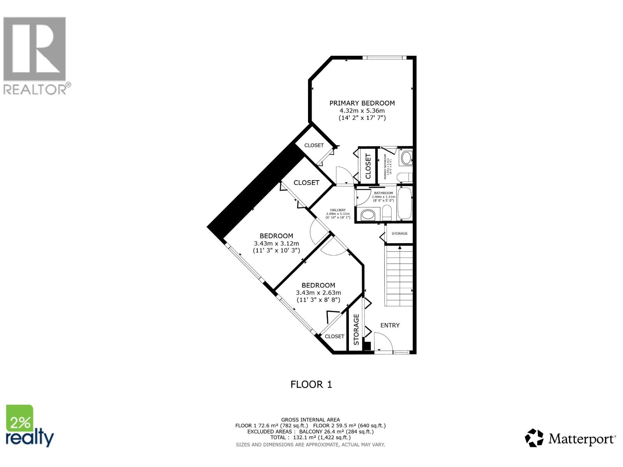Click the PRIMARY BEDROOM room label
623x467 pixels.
pyautogui.click(x=362, y=103)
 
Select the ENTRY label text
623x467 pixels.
pyautogui.click(x=390, y=325)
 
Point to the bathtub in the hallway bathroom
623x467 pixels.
pyautogui.click(x=404, y=204)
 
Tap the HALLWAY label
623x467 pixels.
pyautogui.click(x=338, y=210)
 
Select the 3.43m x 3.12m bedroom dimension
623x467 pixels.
pyautogui.click(x=276, y=243)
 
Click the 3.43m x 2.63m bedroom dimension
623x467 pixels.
pyautogui.click(x=318, y=293)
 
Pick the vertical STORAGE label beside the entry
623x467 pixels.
pyautogui.click(x=356, y=330)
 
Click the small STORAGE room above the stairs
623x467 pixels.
pyautogui.click(x=399, y=233)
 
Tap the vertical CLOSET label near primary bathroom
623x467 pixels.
pyautogui.click(x=368, y=165)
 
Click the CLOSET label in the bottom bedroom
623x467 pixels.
pyautogui.click(x=334, y=336)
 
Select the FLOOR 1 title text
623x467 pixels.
pyautogui.click(x=311, y=384)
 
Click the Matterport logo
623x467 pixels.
pyautogui.click(x=570, y=439)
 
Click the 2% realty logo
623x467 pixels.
pyautogui.click(x=29, y=426)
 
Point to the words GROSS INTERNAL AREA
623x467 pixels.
pyautogui.click(x=310, y=420)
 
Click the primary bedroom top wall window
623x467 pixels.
pyautogui.click(x=384, y=58)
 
